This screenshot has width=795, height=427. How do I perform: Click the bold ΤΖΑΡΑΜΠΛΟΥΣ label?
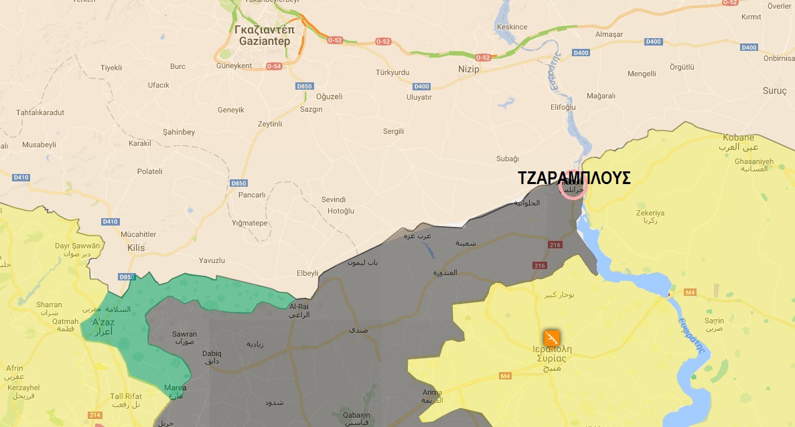coord(574,178)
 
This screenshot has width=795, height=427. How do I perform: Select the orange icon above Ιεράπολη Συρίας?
coord(551,338)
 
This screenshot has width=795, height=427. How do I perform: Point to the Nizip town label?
coord(469,69)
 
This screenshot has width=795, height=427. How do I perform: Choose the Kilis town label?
coord(136,248)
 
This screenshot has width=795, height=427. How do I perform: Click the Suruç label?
coord(775,90)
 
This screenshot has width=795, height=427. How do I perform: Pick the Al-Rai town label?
coord(299,307)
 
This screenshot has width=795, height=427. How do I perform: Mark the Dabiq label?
coord(212,353)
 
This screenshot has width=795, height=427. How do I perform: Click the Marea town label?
coord(175,388)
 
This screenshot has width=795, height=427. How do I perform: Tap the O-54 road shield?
coord(274,66)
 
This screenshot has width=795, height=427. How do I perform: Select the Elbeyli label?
coord(307,273)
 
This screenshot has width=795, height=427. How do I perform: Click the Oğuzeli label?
coord(329,96)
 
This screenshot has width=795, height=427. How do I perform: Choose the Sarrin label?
coord(714,321)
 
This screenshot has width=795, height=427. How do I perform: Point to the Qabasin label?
coord(354,414)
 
